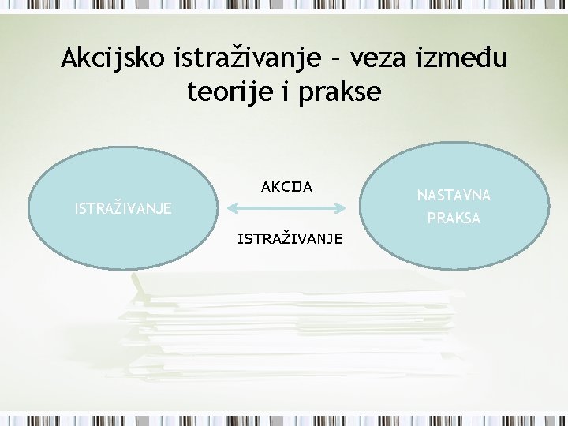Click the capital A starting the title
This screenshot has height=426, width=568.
coord(70,58)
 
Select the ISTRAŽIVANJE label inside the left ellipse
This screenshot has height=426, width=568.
coord(122,209)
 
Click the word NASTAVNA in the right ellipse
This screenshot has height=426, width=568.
coord(454,194)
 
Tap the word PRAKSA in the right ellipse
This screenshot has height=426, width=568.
coord(454,219)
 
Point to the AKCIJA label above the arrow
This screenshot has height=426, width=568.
coord(286,187)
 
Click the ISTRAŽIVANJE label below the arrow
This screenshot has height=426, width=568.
coord(290,237)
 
